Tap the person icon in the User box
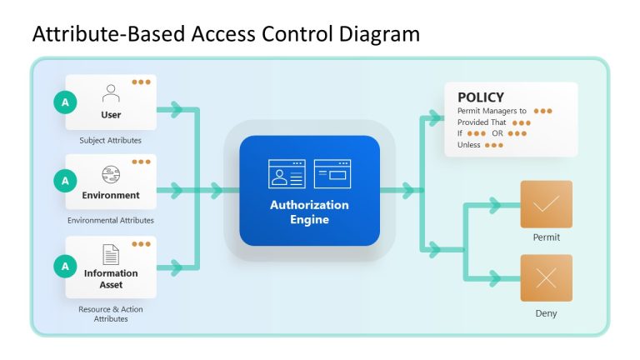(111, 92)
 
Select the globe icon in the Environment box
(111, 174)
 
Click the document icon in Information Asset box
(111, 254)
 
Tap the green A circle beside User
(64, 102)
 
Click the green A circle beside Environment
(64, 180)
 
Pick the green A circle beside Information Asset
(64, 266)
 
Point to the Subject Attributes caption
(111, 140)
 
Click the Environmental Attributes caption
(111, 220)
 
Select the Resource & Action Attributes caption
(111, 314)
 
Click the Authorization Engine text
(309, 212)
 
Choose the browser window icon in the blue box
(332, 173)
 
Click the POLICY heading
(481, 97)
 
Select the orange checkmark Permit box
(546, 204)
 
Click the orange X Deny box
(546, 278)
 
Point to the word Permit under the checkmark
(546, 237)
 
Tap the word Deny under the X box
(546, 313)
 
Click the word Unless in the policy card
(469, 145)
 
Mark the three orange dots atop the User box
(141, 82)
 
